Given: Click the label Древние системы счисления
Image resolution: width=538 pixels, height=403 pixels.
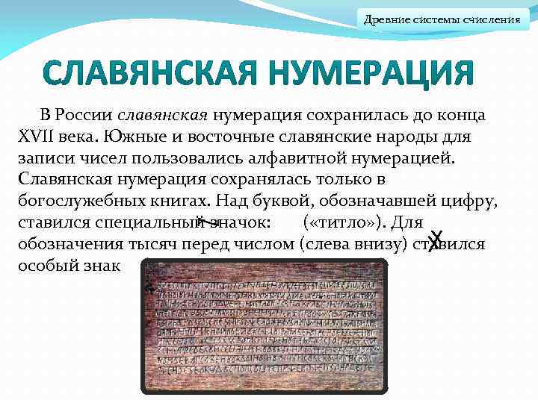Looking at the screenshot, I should click(x=442, y=19).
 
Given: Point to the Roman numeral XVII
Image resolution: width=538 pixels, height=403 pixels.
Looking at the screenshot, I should click(x=34, y=137).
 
